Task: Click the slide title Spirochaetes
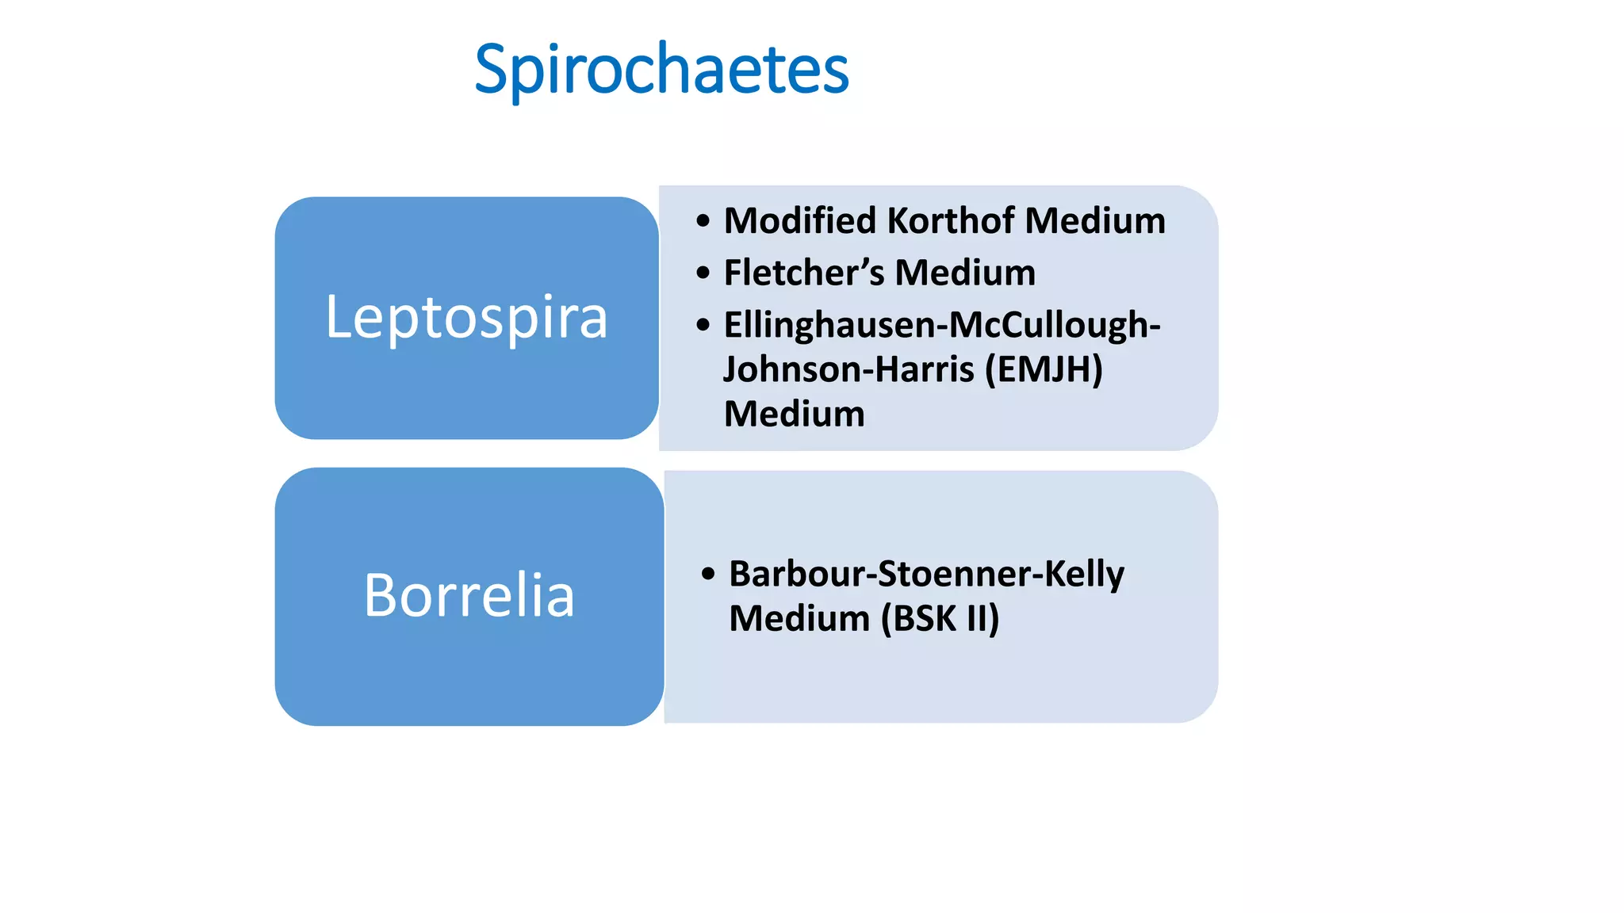(x=661, y=70)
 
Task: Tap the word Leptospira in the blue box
(x=466, y=317)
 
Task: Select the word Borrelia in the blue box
(x=469, y=595)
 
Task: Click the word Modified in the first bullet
(x=799, y=220)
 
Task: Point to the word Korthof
(x=950, y=220)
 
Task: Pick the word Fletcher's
(x=803, y=273)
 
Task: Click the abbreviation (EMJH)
(x=1044, y=369)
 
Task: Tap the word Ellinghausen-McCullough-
(x=942, y=325)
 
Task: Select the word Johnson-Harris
(x=848, y=369)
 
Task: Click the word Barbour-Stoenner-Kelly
(x=926, y=574)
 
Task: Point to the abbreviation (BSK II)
(x=940, y=618)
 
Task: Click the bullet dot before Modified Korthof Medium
(x=703, y=221)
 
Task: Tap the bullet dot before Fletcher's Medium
(x=703, y=273)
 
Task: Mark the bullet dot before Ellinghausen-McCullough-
(x=703, y=325)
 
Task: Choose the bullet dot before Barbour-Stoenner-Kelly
(x=708, y=574)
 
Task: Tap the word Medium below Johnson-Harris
(x=794, y=414)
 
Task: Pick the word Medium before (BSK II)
(x=799, y=618)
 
